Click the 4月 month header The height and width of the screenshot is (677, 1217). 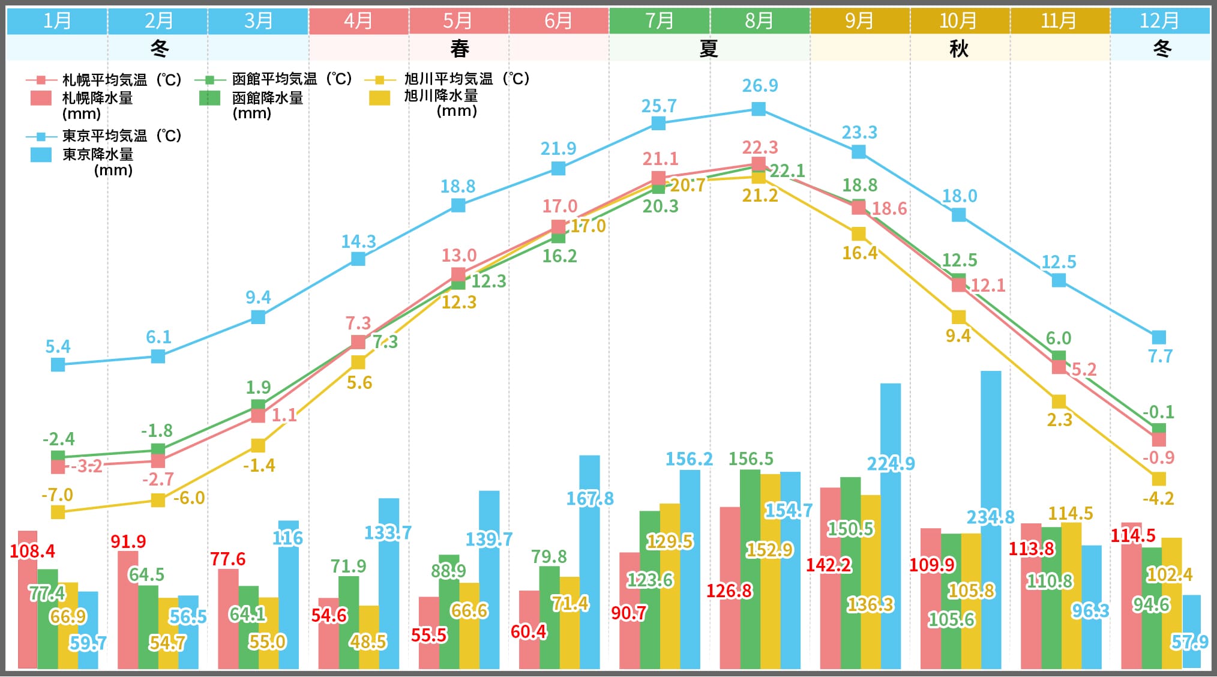[358, 21]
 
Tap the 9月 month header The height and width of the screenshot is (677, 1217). [859, 21]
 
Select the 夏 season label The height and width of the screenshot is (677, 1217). [709, 48]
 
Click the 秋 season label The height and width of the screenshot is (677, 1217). [959, 48]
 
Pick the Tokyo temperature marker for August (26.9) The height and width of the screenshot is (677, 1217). [759, 109]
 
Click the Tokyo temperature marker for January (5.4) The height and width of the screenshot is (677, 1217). [58, 364]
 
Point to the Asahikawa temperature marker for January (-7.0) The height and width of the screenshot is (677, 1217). [58, 512]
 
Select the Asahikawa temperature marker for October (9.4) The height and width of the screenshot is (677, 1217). [959, 317]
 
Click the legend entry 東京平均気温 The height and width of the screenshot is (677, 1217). [105, 136]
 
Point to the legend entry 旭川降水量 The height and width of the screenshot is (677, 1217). [440, 96]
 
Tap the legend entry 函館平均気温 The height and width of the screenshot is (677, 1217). [274, 79]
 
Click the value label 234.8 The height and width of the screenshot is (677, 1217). [990, 517]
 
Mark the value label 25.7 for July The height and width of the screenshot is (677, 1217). [659, 106]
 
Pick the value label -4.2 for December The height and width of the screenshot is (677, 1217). [1158, 498]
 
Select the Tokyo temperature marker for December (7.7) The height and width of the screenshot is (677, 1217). [1159, 337]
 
